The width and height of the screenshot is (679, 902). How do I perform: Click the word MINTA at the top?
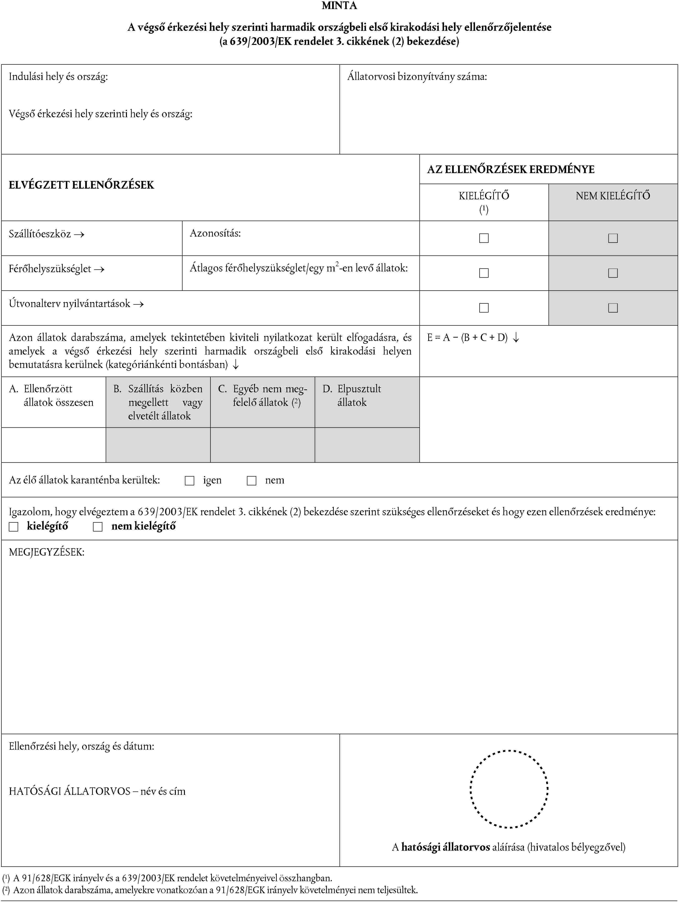339,6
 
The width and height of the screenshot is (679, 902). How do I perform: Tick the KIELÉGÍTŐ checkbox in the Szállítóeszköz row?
484,238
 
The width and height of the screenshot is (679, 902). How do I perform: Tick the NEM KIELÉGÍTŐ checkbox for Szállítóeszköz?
613,238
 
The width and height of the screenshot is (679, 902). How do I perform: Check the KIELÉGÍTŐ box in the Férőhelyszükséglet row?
484,273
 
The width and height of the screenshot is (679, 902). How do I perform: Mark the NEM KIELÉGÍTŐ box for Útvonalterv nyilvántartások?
613,308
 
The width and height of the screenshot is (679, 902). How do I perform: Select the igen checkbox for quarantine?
189,481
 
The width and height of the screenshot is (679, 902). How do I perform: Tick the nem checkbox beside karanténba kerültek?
251,481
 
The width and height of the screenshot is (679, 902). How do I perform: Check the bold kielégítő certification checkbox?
14,527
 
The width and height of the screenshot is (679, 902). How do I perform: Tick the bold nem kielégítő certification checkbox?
98,527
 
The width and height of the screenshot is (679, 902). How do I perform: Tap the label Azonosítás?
215,233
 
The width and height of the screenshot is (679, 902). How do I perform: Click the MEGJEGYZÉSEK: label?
47,552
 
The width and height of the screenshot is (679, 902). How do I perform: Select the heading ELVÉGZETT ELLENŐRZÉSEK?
82,185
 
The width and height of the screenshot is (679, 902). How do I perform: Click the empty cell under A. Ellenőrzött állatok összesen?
53,445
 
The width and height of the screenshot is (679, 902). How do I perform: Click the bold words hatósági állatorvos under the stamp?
445,847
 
